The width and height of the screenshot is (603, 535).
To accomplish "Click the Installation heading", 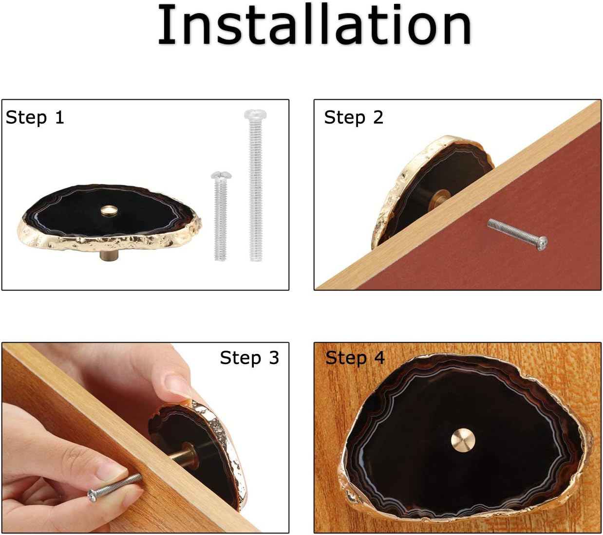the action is (x=314, y=24).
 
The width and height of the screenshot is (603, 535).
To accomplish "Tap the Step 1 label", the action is (x=35, y=117).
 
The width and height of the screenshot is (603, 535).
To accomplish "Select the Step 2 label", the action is (x=354, y=117).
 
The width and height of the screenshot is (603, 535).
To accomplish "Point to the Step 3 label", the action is (x=249, y=357).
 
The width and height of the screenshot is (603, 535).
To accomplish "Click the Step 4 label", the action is (x=355, y=357).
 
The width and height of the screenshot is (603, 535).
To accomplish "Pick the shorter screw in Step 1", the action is (x=221, y=216).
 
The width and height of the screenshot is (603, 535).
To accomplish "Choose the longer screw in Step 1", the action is (x=255, y=185).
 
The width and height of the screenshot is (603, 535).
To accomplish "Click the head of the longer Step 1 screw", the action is (x=255, y=114).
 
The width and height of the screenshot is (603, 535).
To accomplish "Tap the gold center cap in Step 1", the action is (x=108, y=211).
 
